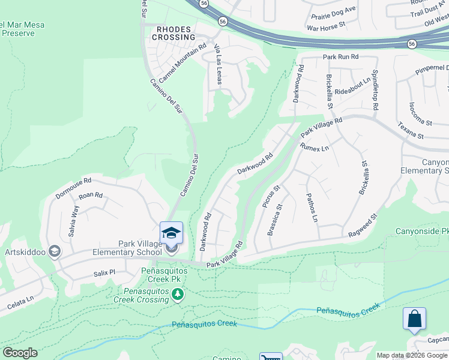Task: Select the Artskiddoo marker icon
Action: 54,250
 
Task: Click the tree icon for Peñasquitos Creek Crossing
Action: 177,293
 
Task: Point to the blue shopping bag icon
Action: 415,319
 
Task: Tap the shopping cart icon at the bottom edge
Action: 270,357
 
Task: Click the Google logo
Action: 20,353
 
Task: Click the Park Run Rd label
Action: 340,57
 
